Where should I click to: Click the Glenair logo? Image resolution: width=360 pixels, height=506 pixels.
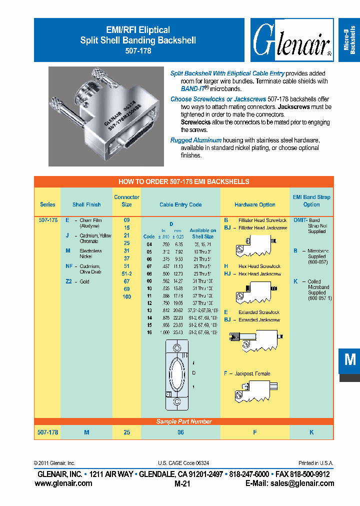pyautogui.click(x=291, y=40)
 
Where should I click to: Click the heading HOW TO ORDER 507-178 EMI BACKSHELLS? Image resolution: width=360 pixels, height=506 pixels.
pyautogui.click(x=183, y=181)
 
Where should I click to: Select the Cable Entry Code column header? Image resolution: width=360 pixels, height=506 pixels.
pyautogui.click(x=180, y=204)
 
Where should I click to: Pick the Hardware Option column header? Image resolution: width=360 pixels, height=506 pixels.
pyautogui.click(x=254, y=204)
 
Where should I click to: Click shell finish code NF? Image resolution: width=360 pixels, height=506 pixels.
pyautogui.click(x=69, y=266)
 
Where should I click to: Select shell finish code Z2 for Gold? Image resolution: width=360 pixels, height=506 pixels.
pyautogui.click(x=69, y=281)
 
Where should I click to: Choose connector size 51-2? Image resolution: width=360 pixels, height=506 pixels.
pyautogui.click(x=126, y=274)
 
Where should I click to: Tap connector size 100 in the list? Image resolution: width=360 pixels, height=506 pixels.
pyautogui.click(x=126, y=297)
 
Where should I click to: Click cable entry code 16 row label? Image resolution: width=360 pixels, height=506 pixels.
pyautogui.click(x=149, y=332)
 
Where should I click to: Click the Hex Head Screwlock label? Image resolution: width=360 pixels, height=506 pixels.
pyautogui.click(x=259, y=266)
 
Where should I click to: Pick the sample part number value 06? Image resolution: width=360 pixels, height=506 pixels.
pyautogui.click(x=180, y=432)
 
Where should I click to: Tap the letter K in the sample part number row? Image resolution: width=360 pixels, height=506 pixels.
pyautogui.click(x=311, y=432)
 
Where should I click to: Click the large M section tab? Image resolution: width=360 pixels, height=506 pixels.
pyautogui.click(x=349, y=360)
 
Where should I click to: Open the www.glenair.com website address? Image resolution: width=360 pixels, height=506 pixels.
pyautogui.click(x=63, y=483)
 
